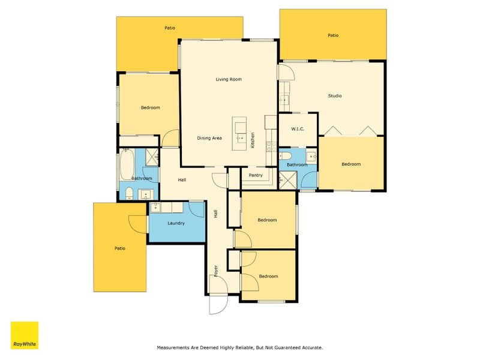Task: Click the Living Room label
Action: (x=229, y=79)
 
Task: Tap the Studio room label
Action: (x=335, y=96)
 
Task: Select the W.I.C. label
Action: (x=298, y=129)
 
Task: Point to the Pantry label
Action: (x=256, y=175)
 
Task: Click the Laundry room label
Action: (x=176, y=223)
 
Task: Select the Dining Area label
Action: (x=209, y=138)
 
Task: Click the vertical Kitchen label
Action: (x=253, y=140)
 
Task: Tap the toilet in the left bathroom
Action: (x=128, y=193)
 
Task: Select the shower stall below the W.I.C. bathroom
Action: (x=288, y=179)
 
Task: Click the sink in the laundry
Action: (x=155, y=208)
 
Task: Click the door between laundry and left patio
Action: (x=138, y=223)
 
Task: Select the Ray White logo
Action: (x=24, y=335)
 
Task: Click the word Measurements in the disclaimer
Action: (x=175, y=347)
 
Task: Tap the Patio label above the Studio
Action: (x=333, y=35)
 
